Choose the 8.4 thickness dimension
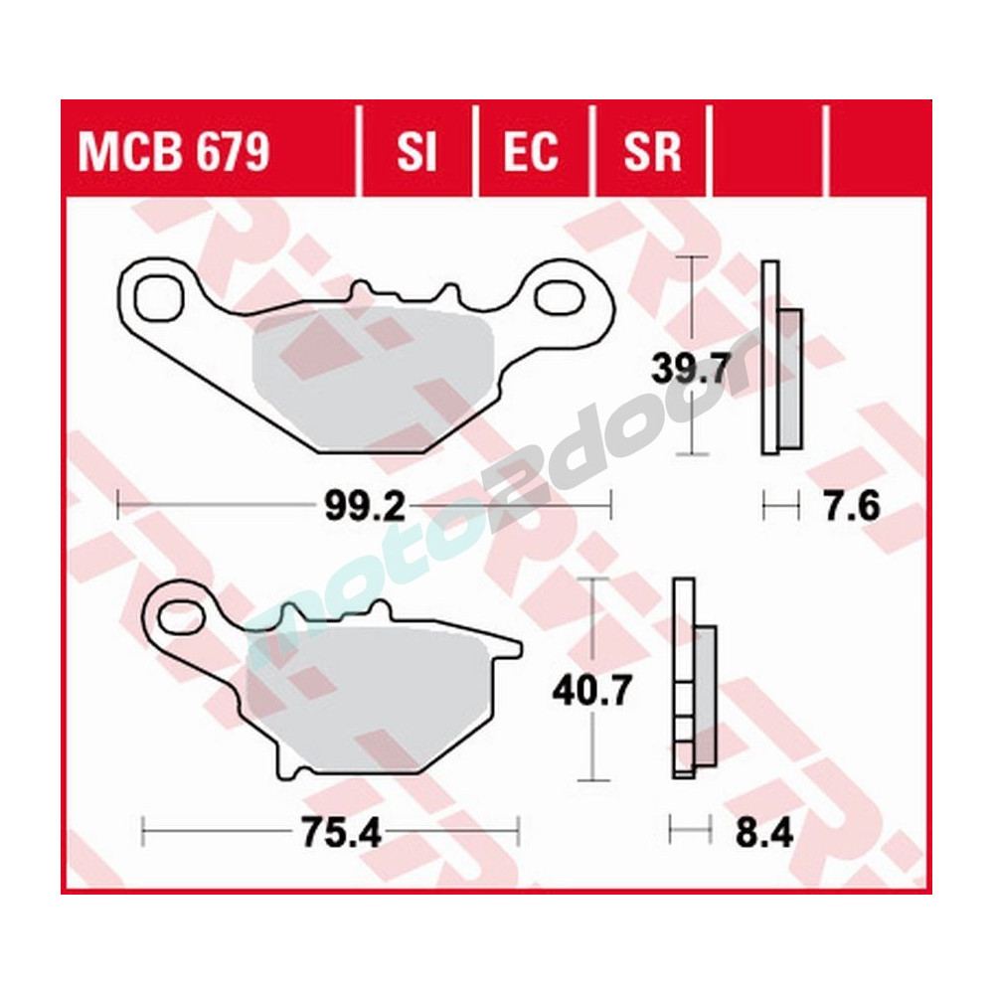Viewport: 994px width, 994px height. tap(764, 831)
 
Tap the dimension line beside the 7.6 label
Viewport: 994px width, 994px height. tap(780, 508)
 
